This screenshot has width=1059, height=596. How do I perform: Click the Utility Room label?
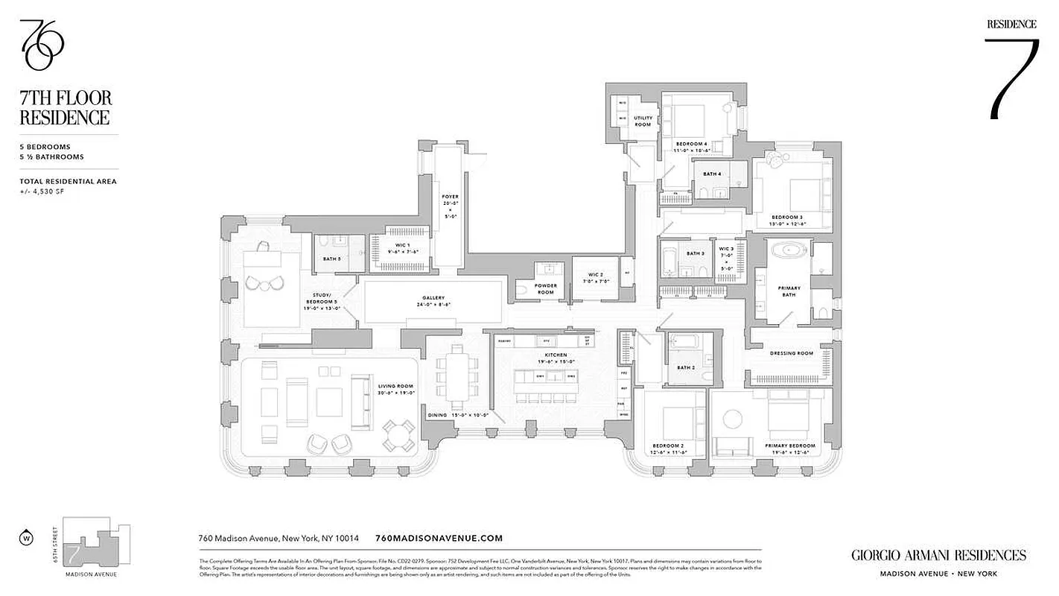[x=643, y=121]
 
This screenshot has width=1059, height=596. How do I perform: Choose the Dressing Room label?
[x=792, y=353]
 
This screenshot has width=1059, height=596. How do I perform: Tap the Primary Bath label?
[x=789, y=291]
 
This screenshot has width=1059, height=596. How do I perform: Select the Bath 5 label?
[x=331, y=259]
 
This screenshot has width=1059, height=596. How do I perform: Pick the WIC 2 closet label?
[x=595, y=278]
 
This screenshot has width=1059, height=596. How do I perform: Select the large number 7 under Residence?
[x=1012, y=78]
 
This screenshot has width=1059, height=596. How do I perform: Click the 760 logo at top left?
[x=41, y=45]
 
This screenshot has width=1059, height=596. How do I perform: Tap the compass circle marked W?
[x=27, y=536]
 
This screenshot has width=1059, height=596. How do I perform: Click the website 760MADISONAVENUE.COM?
[x=439, y=538]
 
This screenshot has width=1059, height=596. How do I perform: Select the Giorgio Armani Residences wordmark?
[x=938, y=555]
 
